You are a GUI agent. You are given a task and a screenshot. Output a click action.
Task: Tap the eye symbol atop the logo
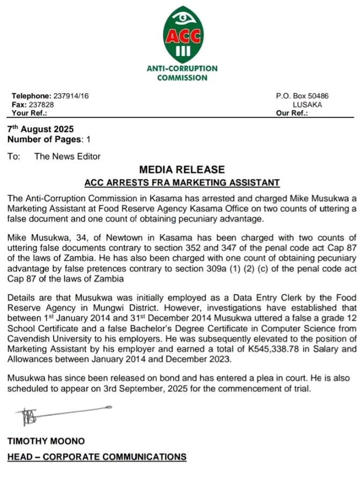pyautogui.click(x=182, y=17)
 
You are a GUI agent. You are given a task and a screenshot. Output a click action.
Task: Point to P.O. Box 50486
pyautogui.click(x=302, y=96)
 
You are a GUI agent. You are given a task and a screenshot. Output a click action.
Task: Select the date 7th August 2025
pyautogui.click(x=40, y=129)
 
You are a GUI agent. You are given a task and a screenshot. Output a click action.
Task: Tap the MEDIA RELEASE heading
pyautogui.click(x=182, y=170)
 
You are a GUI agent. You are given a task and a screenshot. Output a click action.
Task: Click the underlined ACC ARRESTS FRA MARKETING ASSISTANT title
pyautogui.click(x=182, y=182)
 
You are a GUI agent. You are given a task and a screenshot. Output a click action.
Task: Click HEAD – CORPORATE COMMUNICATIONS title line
pyautogui.click(x=97, y=457)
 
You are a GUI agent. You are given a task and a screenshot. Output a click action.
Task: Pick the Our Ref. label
pyautogui.click(x=291, y=113)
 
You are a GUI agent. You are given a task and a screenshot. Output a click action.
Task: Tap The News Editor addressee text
pyautogui.click(x=67, y=156)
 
